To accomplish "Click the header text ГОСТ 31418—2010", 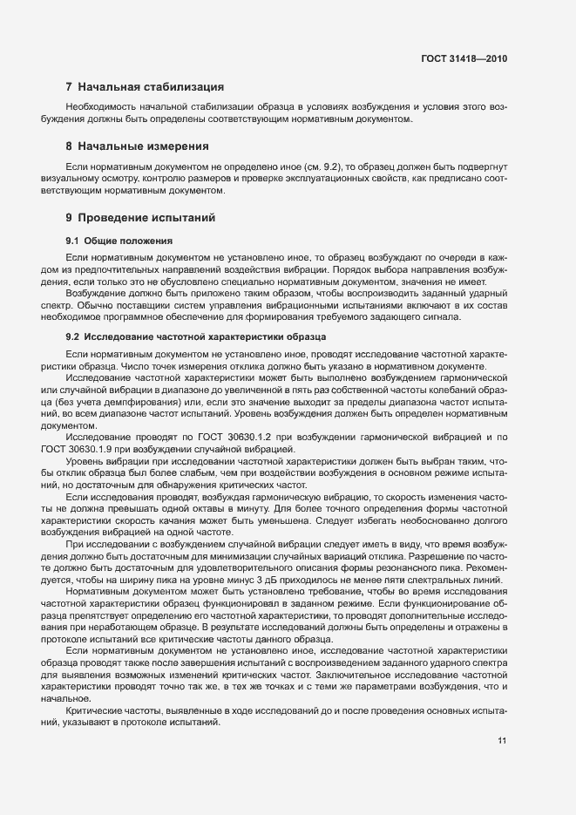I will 464,58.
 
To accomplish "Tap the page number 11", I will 502,741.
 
